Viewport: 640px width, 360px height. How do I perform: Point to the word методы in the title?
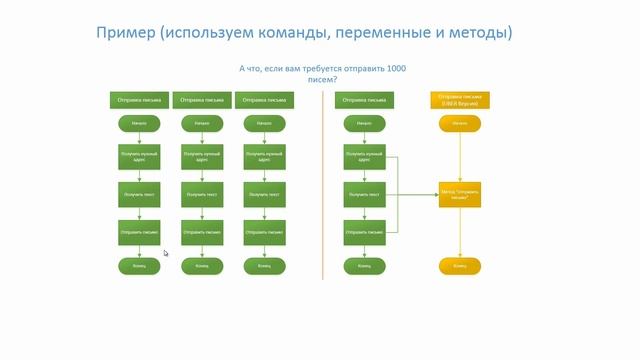(x=478, y=33)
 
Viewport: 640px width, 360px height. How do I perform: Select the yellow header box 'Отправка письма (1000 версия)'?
(x=460, y=100)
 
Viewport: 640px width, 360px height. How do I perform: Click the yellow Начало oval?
(x=460, y=124)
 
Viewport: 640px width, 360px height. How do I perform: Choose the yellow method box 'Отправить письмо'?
(x=460, y=194)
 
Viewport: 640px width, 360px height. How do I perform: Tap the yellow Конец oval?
(x=460, y=266)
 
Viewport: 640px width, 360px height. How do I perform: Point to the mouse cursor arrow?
(x=165, y=253)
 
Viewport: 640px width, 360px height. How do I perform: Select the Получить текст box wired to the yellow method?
(x=364, y=194)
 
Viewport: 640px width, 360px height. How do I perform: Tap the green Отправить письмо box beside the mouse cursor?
(x=138, y=231)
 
